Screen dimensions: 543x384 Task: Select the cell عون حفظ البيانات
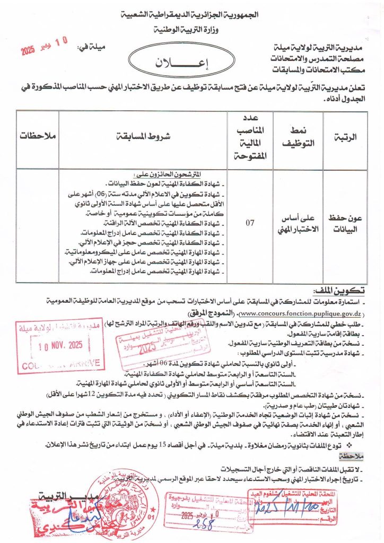point(346,223)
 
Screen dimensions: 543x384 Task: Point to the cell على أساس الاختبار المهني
point(302,224)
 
